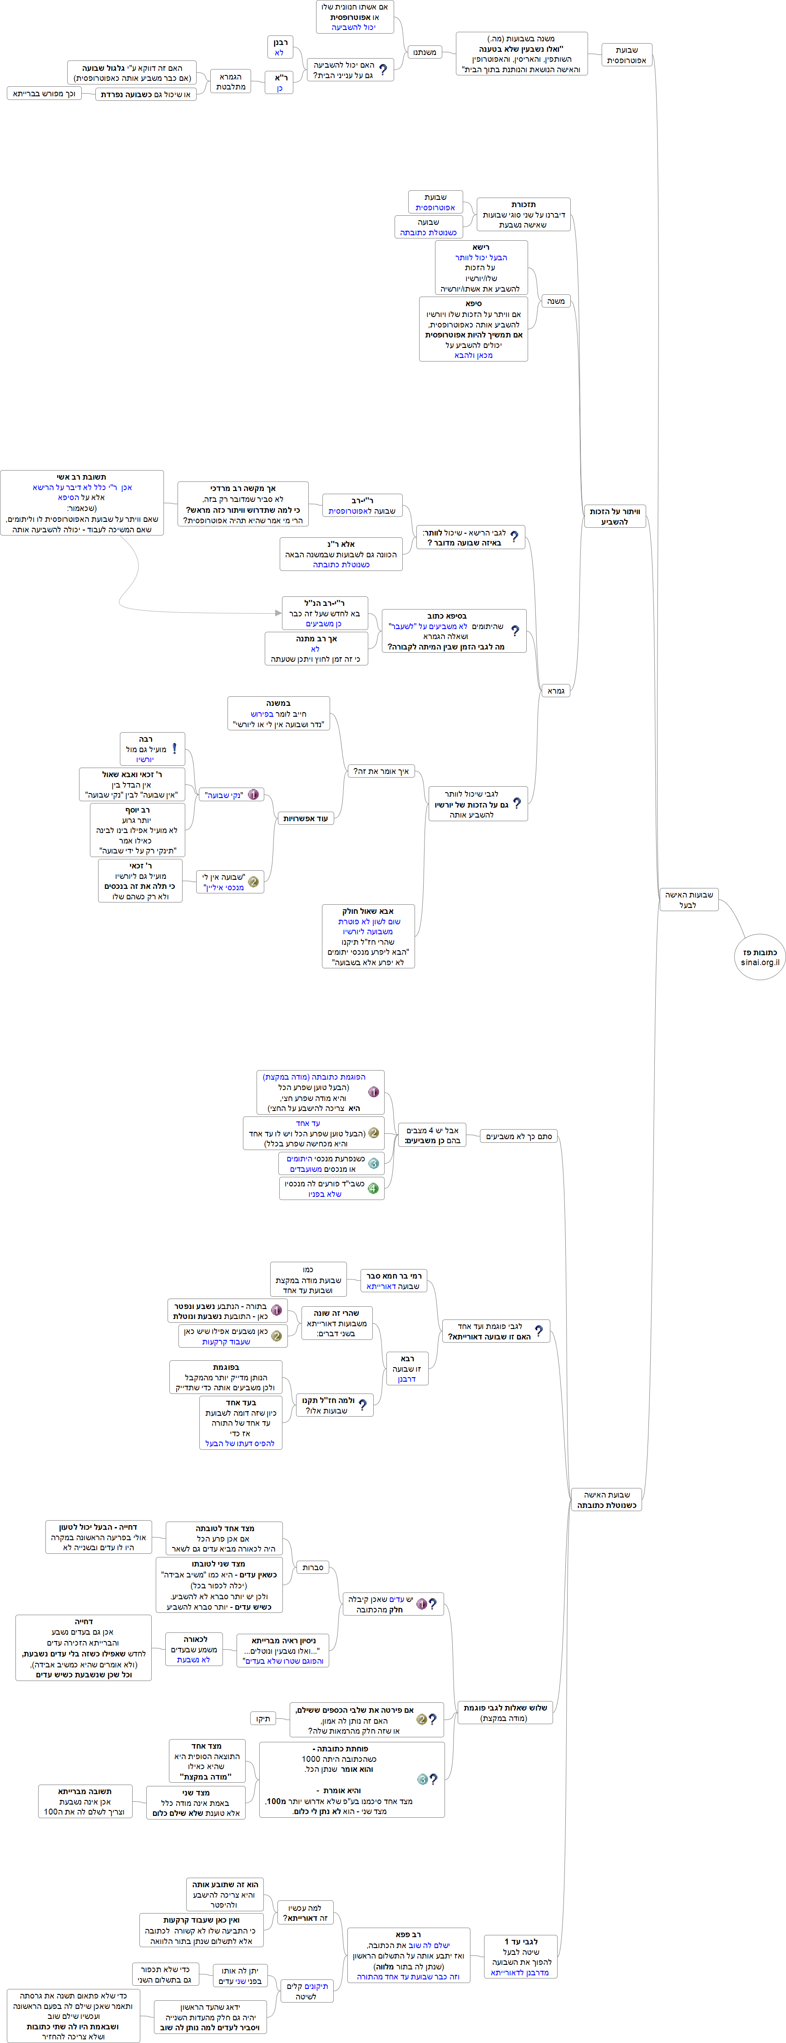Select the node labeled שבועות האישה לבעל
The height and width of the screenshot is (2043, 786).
[x=688, y=899]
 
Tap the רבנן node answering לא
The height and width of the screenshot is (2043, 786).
[x=280, y=47]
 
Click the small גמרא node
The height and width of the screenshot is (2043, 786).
[x=557, y=691]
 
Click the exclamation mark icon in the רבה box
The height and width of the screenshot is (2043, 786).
[x=174, y=748]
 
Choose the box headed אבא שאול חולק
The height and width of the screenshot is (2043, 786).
[x=368, y=937]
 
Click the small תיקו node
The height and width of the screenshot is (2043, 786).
[x=262, y=1719]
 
